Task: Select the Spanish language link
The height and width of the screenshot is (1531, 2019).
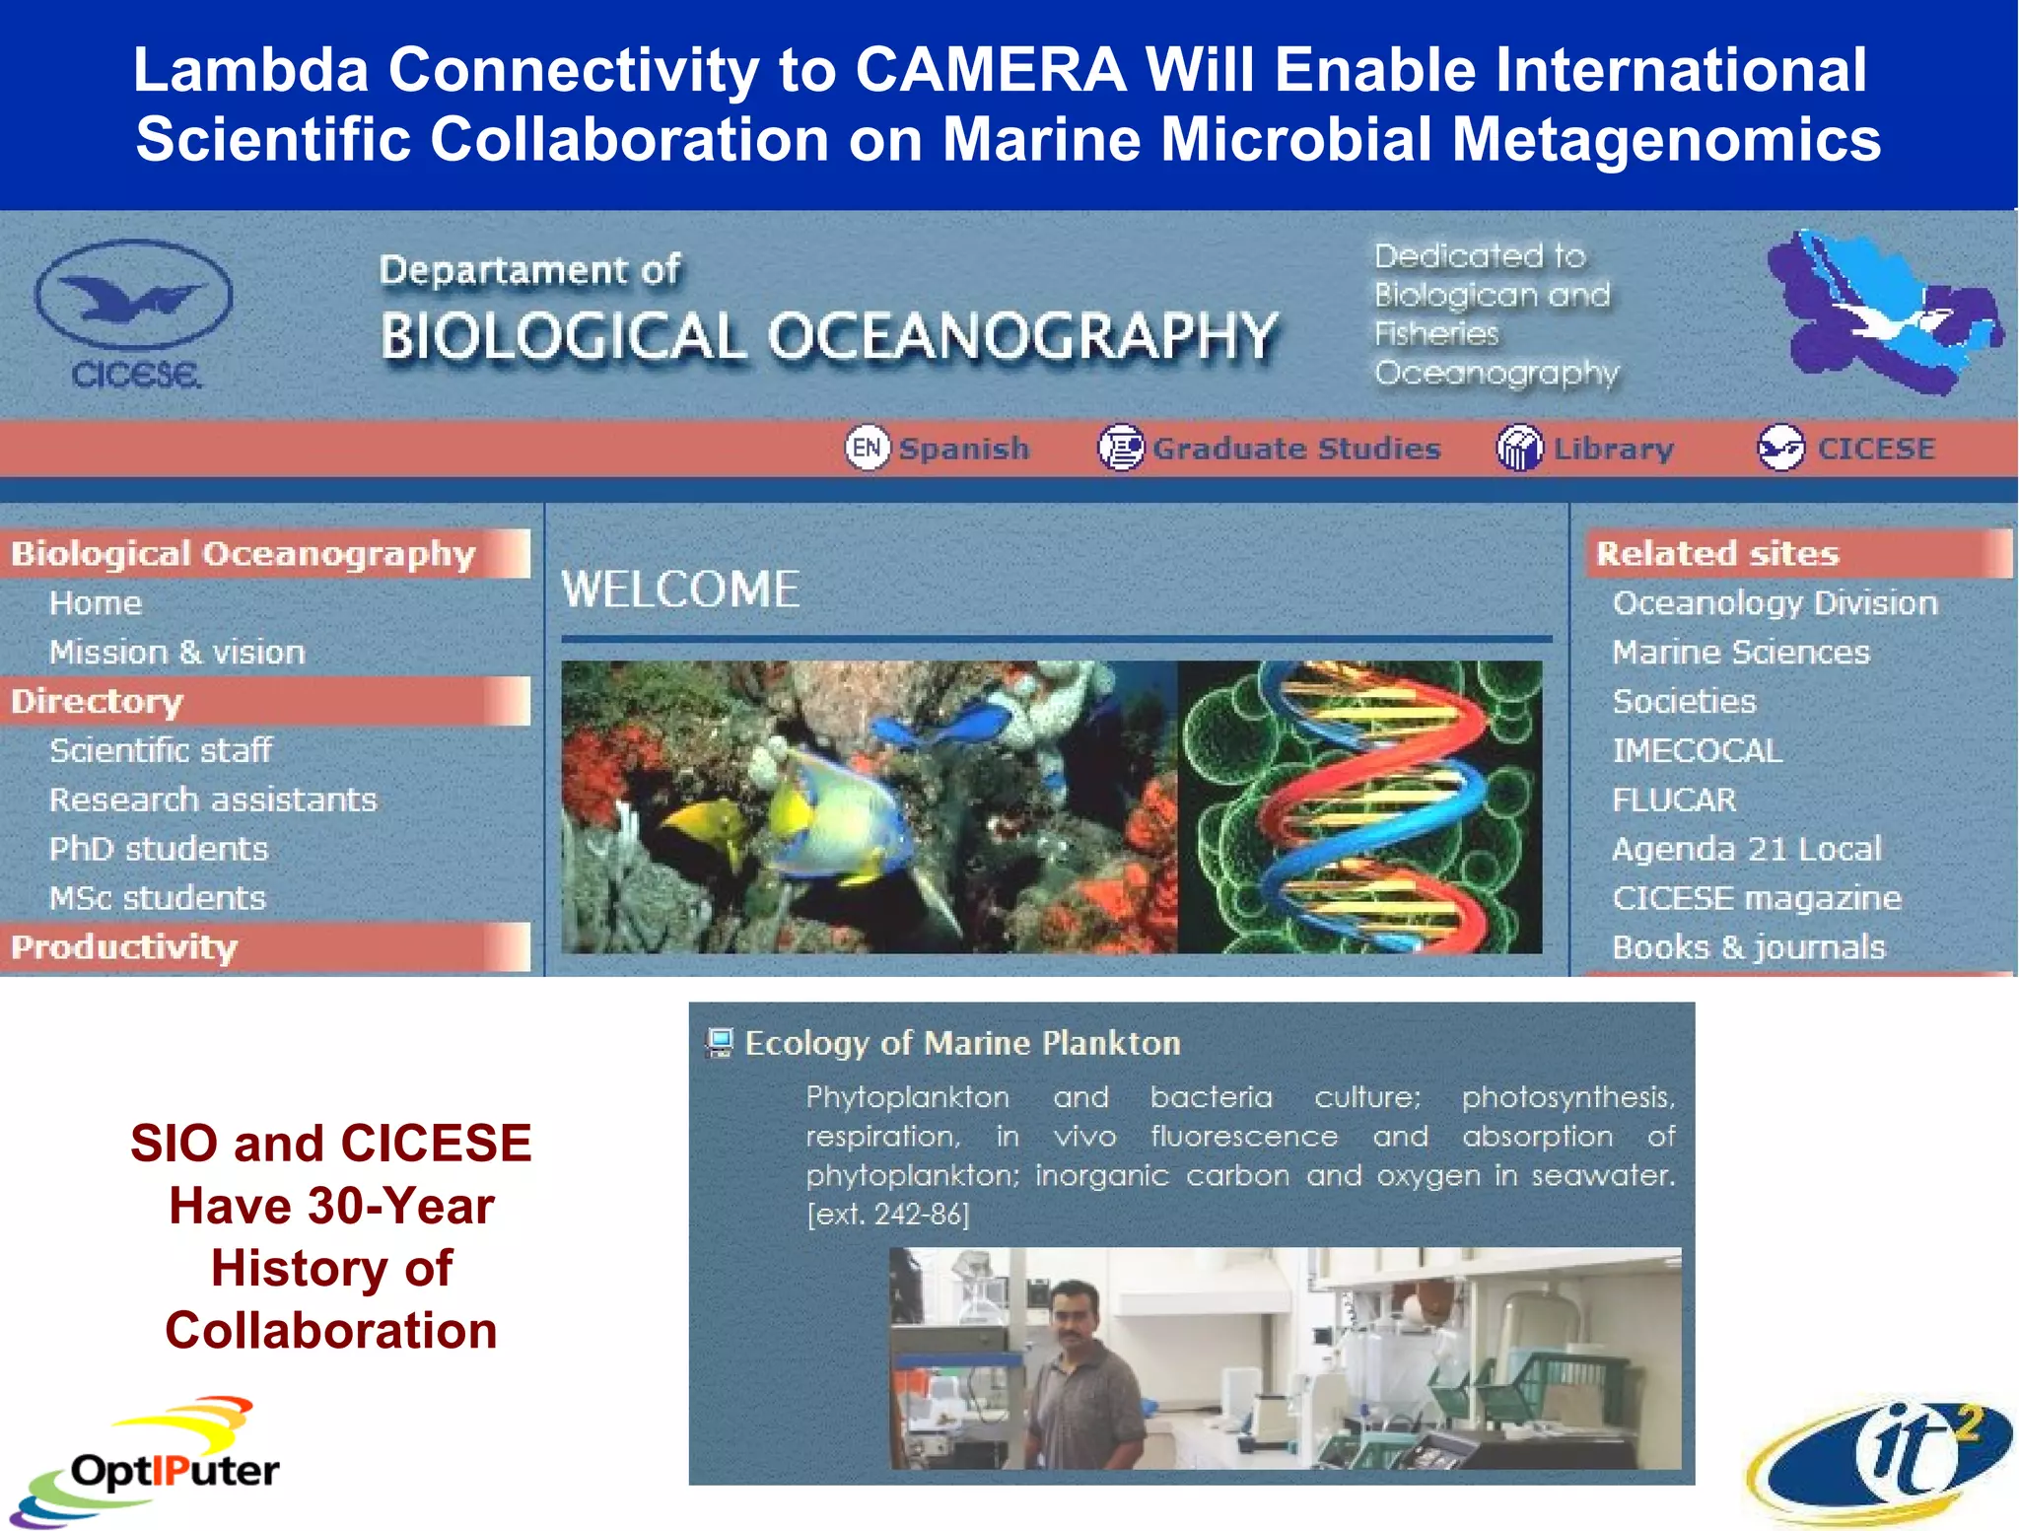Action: click(962, 449)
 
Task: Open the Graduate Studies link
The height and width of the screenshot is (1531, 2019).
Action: click(1295, 449)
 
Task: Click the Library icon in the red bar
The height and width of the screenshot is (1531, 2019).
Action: click(1519, 449)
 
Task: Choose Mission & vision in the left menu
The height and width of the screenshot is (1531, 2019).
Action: click(177, 653)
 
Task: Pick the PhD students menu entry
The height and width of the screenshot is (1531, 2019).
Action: click(159, 849)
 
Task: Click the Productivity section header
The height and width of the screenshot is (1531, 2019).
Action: click(124, 947)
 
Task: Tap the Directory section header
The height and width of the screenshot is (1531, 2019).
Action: click(97, 701)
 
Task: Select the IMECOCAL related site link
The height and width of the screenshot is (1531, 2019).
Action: click(1697, 751)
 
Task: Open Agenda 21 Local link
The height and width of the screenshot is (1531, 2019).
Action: click(1746, 849)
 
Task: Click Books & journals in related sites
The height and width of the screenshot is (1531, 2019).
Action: click(1748, 947)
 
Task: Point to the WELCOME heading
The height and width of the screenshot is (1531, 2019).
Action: click(680, 590)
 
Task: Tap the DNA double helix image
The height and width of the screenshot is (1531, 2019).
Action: click(1360, 806)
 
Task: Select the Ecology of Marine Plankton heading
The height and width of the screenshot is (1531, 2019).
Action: click(962, 1043)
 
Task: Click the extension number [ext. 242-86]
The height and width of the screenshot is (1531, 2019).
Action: click(887, 1215)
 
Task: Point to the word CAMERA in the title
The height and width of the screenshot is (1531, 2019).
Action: click(990, 71)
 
